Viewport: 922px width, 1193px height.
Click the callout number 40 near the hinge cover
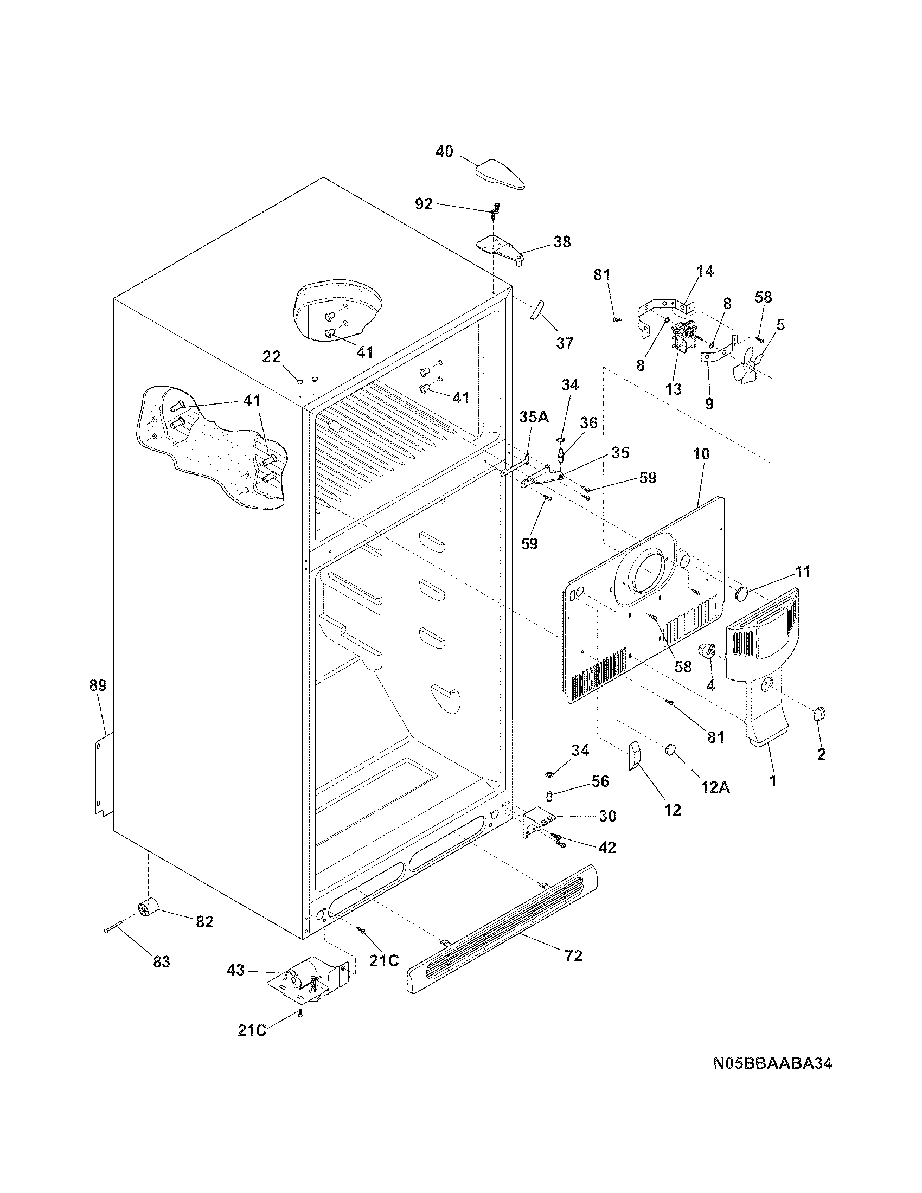point(444,151)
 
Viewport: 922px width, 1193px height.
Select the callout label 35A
point(534,418)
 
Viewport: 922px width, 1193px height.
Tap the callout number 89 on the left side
point(98,685)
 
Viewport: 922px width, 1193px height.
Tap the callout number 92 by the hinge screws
point(424,204)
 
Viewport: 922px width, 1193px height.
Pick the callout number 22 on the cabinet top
point(272,357)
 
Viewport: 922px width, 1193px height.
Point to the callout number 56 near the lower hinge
point(600,781)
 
